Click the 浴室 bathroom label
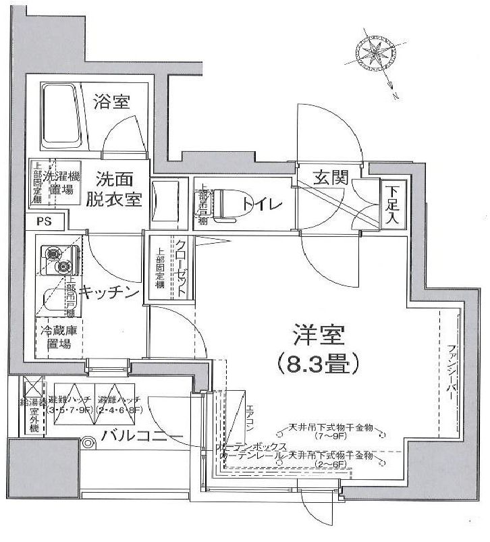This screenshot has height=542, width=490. point(112,103)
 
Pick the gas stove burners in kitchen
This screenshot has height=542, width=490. point(57,261)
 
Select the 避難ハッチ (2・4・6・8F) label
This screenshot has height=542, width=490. point(120,404)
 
